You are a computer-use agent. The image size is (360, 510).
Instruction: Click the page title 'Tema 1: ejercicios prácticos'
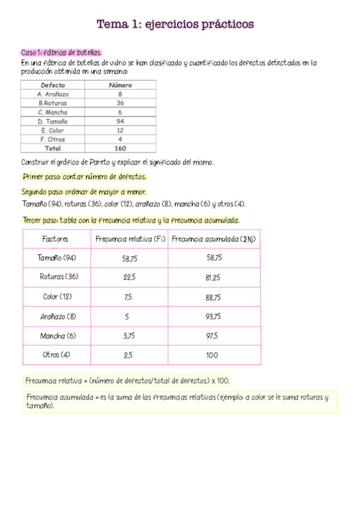[x=175, y=25]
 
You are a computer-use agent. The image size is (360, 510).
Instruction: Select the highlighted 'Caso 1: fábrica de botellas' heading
[x=61, y=53]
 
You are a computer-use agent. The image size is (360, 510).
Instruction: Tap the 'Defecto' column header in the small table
[x=53, y=85]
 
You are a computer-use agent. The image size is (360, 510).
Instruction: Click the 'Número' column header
[x=120, y=85]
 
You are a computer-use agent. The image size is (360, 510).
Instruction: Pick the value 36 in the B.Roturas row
[x=120, y=103]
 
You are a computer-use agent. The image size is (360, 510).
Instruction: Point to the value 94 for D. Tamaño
[x=120, y=121]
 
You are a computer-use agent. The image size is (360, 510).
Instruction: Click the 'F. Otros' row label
[x=53, y=139]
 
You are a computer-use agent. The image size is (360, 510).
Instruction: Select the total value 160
[x=120, y=148]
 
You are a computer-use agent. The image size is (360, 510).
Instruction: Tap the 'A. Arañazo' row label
[x=53, y=94]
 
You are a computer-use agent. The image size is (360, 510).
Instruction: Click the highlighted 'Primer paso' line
[x=84, y=177]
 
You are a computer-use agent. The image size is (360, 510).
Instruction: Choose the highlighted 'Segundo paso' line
[x=84, y=192]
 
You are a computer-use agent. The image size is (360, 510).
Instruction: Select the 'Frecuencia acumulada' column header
[x=213, y=239]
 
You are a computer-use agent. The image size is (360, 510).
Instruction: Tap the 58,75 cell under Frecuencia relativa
[x=129, y=258]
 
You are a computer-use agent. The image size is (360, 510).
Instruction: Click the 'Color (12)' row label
[x=57, y=297]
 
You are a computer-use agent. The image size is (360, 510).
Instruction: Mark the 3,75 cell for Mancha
[x=129, y=336]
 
